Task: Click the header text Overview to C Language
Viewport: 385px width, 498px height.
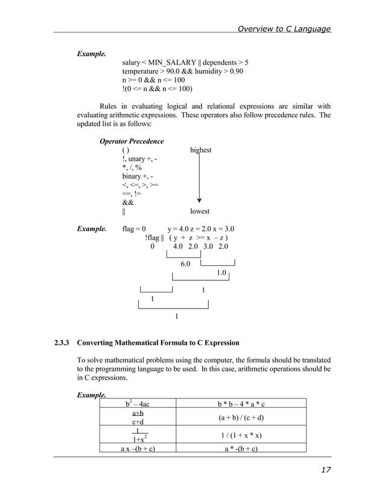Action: (284, 28)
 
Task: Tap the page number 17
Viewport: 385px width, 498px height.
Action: (325, 470)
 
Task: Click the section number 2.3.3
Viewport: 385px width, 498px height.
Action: (62, 343)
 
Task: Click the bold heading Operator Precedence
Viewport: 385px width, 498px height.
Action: (131, 141)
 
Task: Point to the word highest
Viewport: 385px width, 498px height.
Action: (200, 150)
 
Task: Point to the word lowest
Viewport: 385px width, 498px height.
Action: (200, 211)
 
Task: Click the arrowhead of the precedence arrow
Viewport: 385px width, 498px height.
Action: (199, 201)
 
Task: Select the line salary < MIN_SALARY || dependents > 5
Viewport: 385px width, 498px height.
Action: (185, 62)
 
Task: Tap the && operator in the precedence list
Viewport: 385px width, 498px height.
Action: (128, 203)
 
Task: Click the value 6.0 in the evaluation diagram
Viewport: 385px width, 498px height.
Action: (185, 264)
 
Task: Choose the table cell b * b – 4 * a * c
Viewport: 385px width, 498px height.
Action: (241, 403)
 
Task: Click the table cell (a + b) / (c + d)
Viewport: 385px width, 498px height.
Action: (241, 418)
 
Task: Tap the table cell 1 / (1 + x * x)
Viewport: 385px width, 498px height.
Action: (241, 436)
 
